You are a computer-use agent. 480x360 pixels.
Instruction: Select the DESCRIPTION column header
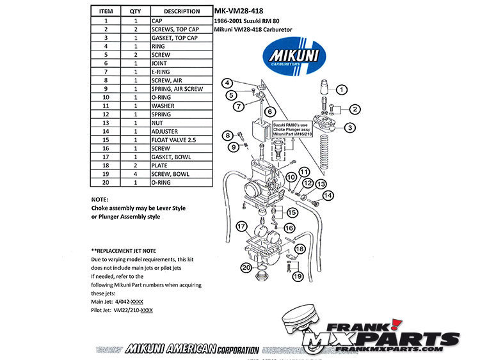click(x=182, y=11)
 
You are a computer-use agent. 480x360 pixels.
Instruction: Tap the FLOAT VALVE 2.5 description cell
click(x=180, y=139)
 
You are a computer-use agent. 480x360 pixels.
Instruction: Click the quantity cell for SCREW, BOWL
click(x=135, y=173)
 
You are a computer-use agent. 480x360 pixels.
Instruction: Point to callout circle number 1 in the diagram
click(x=342, y=90)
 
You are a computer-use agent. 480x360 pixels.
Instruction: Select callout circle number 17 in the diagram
click(x=241, y=226)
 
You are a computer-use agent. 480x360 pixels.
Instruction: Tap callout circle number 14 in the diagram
click(x=328, y=195)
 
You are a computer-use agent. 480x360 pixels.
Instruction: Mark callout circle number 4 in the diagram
click(x=227, y=83)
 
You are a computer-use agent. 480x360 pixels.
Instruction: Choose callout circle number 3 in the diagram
click(x=349, y=128)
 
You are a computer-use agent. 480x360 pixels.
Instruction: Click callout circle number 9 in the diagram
click(x=234, y=148)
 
